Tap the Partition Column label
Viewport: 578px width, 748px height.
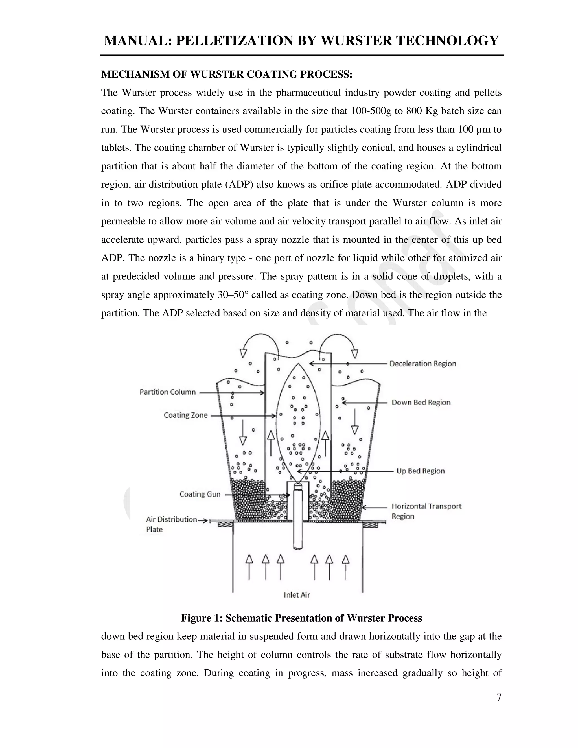click(x=167, y=392)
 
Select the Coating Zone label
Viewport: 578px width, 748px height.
click(x=186, y=415)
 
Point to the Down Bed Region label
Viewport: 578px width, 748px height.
click(x=421, y=403)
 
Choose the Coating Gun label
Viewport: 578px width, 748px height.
click(x=200, y=494)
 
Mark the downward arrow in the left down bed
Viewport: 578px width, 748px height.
click(x=243, y=432)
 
